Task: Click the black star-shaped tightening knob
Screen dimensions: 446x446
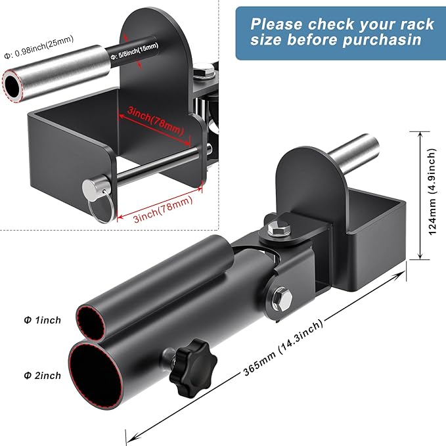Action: (x=193, y=361)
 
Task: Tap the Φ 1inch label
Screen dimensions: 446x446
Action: (x=43, y=321)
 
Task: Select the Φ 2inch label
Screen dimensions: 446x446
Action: (x=43, y=376)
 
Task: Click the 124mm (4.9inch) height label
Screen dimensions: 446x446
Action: (x=432, y=191)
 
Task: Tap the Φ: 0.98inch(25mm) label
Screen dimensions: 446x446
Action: (x=39, y=47)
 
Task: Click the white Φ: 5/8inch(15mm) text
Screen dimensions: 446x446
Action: (x=135, y=51)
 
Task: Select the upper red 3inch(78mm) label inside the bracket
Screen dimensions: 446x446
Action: (x=155, y=120)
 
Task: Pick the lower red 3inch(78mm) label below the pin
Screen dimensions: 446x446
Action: (x=164, y=210)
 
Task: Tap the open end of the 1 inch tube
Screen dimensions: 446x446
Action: (x=91, y=324)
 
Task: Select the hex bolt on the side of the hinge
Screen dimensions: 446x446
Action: (x=282, y=298)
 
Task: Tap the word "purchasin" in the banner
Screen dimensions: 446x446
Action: (x=382, y=39)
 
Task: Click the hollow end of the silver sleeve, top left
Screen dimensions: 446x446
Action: (x=12, y=86)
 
